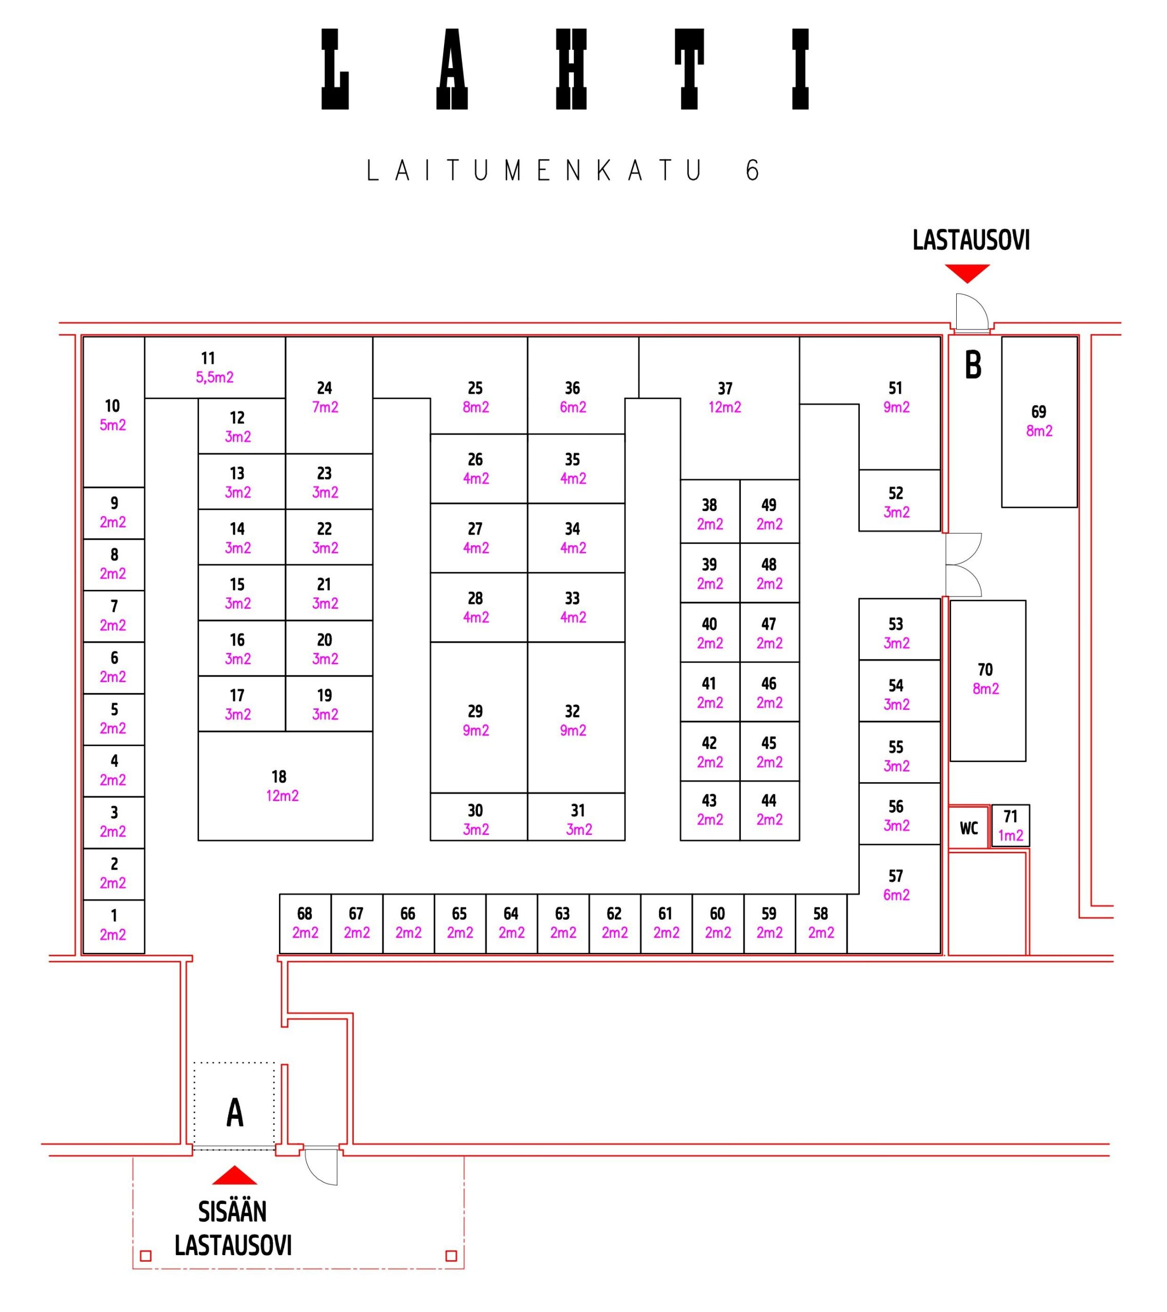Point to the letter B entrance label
[973, 365]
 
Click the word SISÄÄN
[232, 1212]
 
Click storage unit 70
[987, 680]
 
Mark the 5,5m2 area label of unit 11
[214, 377]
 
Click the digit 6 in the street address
[753, 171]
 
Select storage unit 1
[114, 925]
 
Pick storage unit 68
[305, 923]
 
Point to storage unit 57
[897, 886]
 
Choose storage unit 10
[113, 415]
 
